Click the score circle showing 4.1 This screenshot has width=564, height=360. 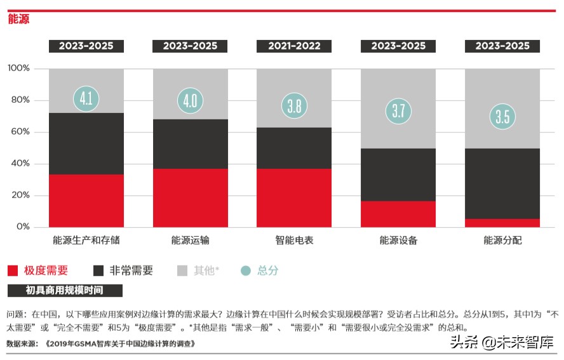click(86, 99)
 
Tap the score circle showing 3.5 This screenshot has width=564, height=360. click(502, 117)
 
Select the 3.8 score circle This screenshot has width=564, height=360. click(294, 106)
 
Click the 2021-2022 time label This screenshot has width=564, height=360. click(294, 46)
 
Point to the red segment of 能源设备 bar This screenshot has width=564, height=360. click(398, 214)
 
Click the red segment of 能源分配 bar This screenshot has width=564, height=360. click(502, 223)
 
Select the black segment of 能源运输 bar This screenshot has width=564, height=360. click(190, 144)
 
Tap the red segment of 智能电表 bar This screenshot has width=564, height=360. click(294, 197)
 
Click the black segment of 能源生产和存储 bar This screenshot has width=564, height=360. click(86, 143)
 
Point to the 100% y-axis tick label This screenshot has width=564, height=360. click(18, 69)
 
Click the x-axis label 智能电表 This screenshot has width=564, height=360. click(294, 241)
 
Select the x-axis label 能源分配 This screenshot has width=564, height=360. click(502, 241)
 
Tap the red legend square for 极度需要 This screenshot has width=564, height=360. click(13, 271)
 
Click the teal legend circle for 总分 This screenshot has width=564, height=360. click(246, 271)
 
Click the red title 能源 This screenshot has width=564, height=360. click(18, 20)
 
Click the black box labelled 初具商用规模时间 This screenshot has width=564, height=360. click(65, 291)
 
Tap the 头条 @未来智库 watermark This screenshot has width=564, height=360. click(502, 343)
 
